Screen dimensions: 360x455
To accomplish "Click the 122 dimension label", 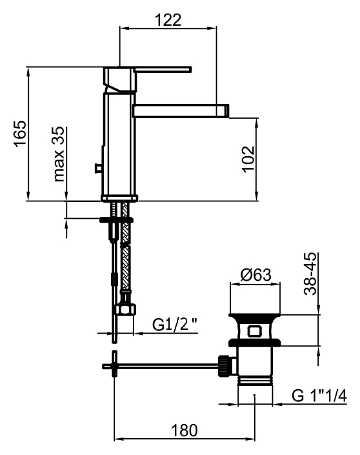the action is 168,20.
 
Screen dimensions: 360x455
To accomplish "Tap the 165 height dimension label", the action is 21,134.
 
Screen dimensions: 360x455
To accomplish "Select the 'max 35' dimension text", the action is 59,154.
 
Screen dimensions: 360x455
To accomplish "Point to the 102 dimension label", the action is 248,159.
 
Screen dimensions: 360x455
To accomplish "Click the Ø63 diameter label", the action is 256,274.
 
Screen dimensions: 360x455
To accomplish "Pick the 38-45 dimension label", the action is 310,274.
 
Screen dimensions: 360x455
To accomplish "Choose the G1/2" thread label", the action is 175,325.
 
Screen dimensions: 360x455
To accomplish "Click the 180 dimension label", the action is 185,430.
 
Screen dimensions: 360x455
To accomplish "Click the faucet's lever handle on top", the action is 163,70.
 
